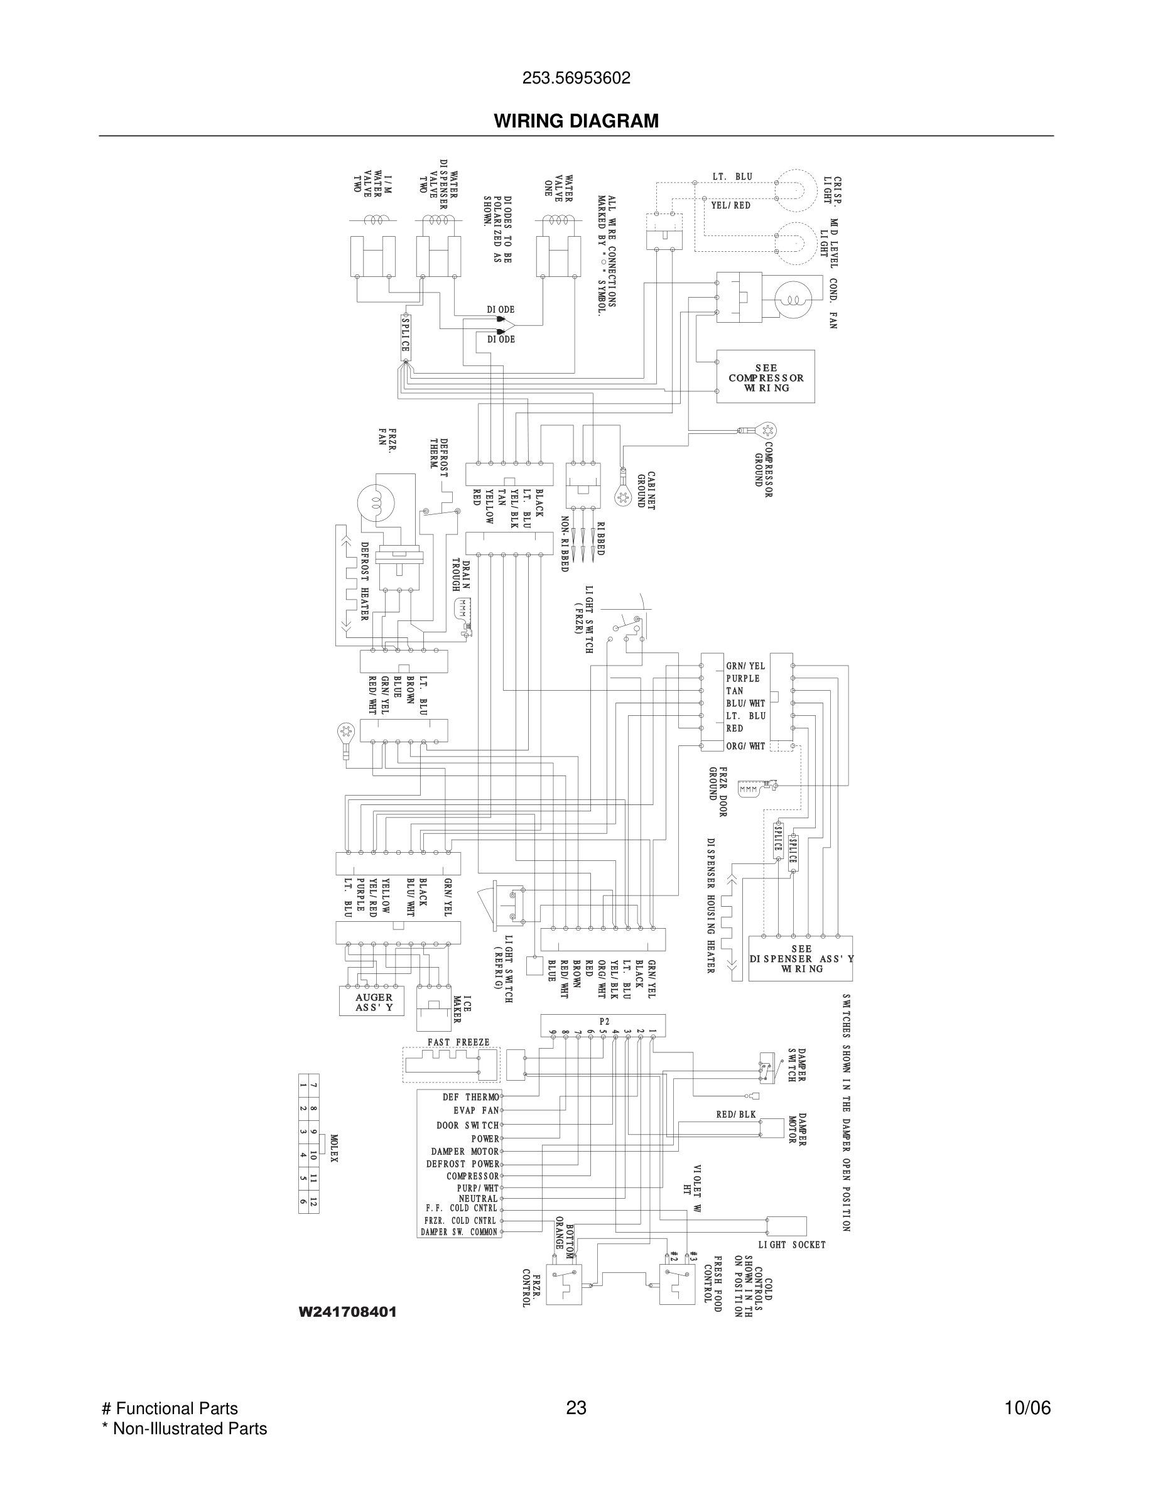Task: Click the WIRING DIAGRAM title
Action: [576, 121]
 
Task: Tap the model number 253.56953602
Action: [576, 78]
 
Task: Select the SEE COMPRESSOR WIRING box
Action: [765, 377]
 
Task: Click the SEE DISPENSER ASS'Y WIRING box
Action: [801, 958]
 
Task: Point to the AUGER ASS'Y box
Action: [373, 1002]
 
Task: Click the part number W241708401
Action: [348, 1312]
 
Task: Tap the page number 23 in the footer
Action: [576, 1408]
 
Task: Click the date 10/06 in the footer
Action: [1027, 1408]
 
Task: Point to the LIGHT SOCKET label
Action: [792, 1245]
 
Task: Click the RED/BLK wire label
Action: [735, 1114]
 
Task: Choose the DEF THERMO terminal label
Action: [470, 1097]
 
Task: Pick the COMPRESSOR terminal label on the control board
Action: [473, 1176]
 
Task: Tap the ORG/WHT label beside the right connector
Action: [745, 746]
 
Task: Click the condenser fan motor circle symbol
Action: [793, 300]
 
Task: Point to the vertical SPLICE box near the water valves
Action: [405, 335]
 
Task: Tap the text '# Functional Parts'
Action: [170, 1408]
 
